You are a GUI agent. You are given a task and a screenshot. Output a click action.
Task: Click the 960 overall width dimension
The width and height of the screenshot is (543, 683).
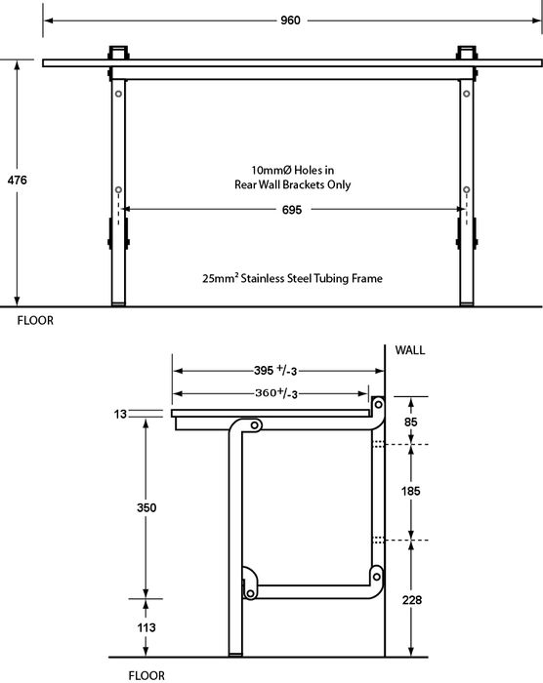[x=290, y=20]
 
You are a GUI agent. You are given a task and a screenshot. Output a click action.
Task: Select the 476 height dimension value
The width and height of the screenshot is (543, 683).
[x=17, y=180]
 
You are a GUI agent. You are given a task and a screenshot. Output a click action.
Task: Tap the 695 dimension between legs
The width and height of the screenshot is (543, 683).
[x=292, y=210]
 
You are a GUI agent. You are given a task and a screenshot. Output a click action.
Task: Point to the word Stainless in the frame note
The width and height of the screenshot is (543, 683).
[x=263, y=278]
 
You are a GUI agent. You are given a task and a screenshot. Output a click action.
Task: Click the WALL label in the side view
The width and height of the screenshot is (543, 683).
[x=409, y=350]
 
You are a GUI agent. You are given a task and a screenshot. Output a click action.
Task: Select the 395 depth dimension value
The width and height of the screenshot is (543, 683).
[x=264, y=370]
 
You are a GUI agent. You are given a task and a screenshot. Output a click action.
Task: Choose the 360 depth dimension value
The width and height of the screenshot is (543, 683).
[x=265, y=393]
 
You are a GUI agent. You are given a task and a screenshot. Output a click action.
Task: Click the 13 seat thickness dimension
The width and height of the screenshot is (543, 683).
[x=120, y=414]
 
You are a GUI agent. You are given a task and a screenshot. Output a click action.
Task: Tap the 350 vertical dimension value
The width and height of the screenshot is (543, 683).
[x=146, y=507]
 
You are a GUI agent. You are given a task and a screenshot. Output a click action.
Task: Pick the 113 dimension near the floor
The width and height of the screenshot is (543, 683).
[x=146, y=627]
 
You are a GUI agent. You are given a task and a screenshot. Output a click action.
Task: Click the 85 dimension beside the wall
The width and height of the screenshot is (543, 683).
[x=411, y=422]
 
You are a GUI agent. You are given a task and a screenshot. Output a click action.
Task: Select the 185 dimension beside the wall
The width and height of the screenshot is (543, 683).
[x=411, y=491]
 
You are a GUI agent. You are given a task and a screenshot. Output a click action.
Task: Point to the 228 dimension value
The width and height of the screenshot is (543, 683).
[x=412, y=600]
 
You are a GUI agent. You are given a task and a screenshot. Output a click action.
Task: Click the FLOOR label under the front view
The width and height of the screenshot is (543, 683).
[x=35, y=321]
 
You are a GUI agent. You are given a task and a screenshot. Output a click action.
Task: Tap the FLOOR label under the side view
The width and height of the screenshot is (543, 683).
[x=146, y=675]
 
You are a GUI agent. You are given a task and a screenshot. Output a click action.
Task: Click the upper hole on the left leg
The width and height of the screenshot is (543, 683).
[x=118, y=94]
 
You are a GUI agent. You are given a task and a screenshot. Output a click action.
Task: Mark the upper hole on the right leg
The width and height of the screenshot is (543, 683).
[x=467, y=94]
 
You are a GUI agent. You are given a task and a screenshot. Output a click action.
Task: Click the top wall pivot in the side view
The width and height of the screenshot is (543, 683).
[x=379, y=405]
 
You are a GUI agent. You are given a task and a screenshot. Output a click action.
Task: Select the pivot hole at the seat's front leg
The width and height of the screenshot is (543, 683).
[x=255, y=424]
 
